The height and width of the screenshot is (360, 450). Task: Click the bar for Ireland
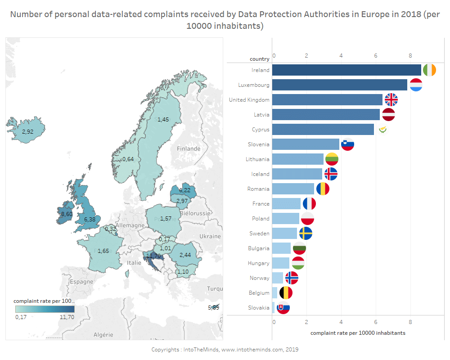(346, 70)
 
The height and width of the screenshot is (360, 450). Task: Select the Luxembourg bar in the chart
(340, 85)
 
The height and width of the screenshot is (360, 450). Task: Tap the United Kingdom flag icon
(391, 100)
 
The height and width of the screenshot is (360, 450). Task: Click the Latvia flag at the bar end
(388, 115)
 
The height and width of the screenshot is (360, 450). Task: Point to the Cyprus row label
(261, 130)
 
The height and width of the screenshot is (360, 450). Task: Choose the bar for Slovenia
(306, 144)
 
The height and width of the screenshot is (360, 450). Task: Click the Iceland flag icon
(331, 174)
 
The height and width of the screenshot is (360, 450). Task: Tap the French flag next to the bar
(309, 204)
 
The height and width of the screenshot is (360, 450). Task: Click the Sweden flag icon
(306, 234)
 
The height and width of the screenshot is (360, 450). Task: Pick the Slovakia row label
(259, 308)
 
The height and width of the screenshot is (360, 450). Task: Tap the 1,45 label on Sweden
(163, 119)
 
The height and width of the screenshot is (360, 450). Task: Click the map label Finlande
(189, 148)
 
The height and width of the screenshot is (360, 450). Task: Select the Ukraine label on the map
(210, 236)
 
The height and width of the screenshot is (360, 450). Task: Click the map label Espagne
(81, 282)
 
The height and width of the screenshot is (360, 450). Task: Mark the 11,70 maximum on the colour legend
(67, 317)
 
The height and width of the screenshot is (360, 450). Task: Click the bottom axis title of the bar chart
(358, 333)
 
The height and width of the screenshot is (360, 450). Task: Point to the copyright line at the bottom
(225, 350)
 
